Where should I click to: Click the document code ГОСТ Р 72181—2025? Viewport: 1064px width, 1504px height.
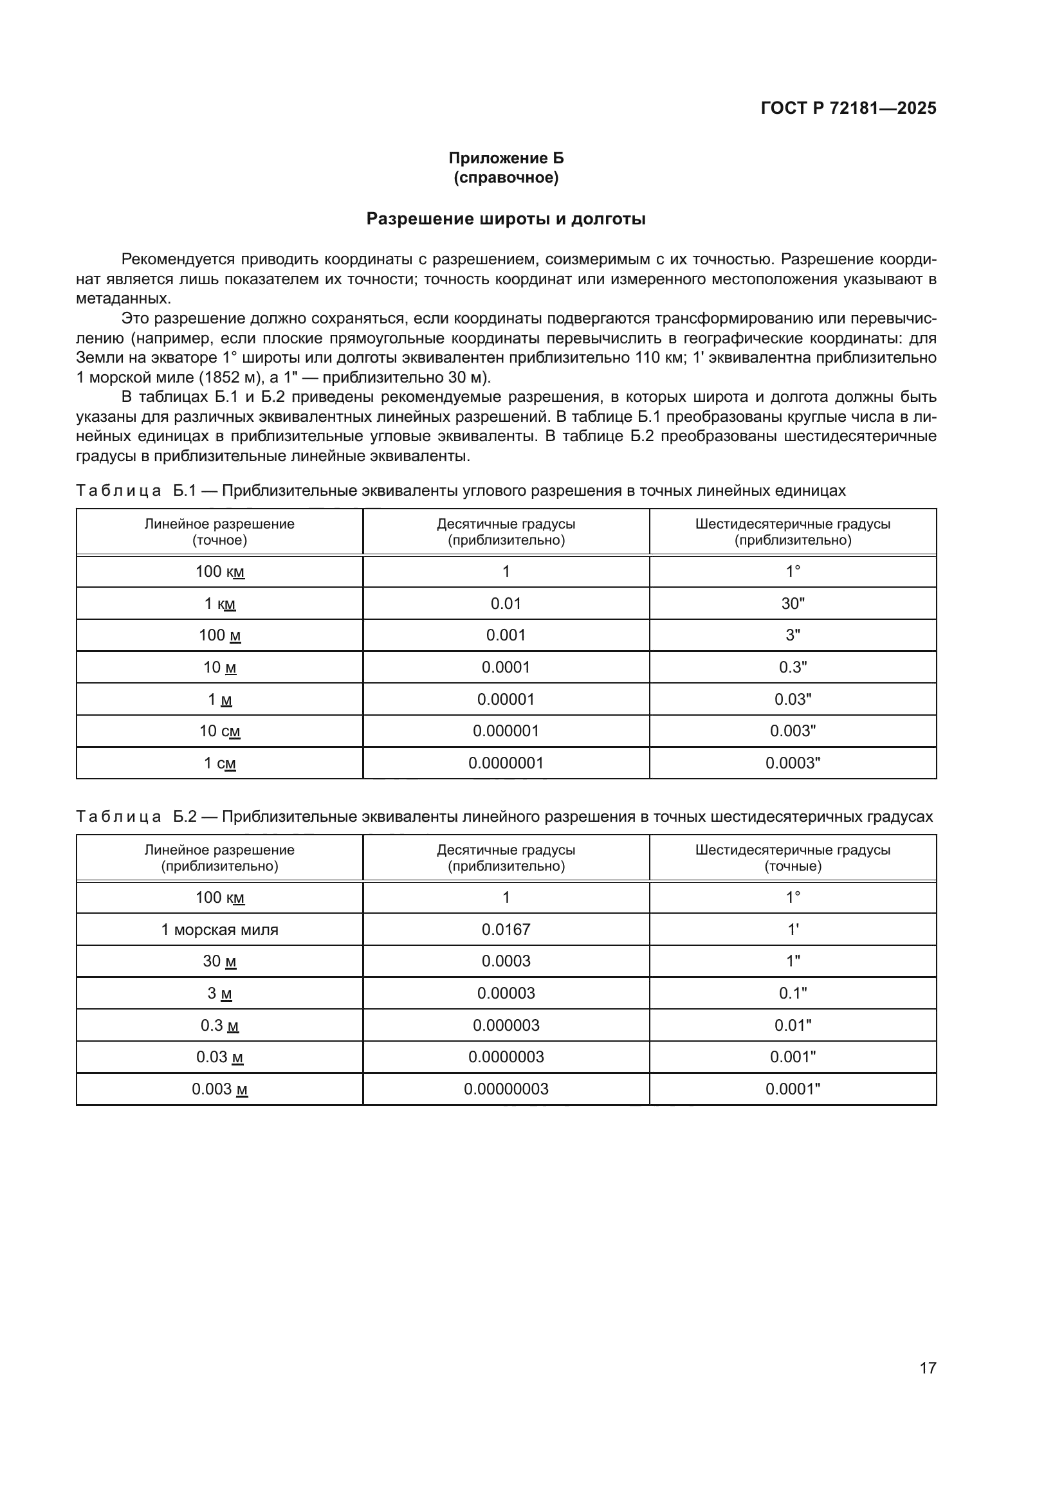coord(848,108)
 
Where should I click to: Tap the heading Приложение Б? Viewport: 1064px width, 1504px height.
coord(506,158)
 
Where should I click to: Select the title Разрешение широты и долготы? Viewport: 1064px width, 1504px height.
coord(506,219)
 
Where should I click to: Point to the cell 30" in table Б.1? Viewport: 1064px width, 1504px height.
coord(793,603)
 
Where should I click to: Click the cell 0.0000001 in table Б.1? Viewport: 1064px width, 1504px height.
coord(506,763)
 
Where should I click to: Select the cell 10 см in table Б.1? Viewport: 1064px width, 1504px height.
coord(219,731)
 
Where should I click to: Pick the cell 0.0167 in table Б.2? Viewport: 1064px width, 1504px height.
coord(506,930)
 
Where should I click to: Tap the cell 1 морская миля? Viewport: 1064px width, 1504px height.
coord(219,930)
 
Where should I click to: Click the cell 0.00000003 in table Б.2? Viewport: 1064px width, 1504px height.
coord(506,1089)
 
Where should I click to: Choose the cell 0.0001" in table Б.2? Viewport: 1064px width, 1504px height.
coord(793,1089)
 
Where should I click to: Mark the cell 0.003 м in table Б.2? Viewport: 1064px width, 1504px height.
coord(219,1089)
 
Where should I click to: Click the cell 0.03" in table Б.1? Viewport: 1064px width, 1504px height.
coord(793,700)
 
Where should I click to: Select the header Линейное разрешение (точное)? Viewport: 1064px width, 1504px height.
coord(219,532)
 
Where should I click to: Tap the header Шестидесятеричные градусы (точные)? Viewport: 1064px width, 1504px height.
coord(793,858)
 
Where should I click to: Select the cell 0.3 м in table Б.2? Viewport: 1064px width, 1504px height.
coord(219,1025)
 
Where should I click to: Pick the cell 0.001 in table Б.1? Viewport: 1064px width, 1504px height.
coord(506,635)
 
